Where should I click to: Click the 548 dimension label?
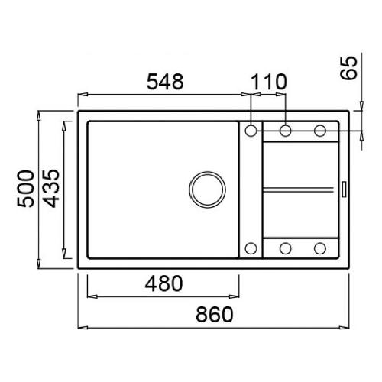[x=165, y=82]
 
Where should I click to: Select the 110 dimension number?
[x=269, y=82]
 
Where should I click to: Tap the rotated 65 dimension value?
[x=349, y=68]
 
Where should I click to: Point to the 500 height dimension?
[x=25, y=189]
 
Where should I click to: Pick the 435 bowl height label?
[x=51, y=189]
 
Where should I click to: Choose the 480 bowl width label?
[x=163, y=283]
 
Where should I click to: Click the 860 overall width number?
[x=215, y=314]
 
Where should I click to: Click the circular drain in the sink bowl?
[x=207, y=189]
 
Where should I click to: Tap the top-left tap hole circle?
[x=251, y=131]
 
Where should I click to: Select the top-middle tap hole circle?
[x=286, y=131]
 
